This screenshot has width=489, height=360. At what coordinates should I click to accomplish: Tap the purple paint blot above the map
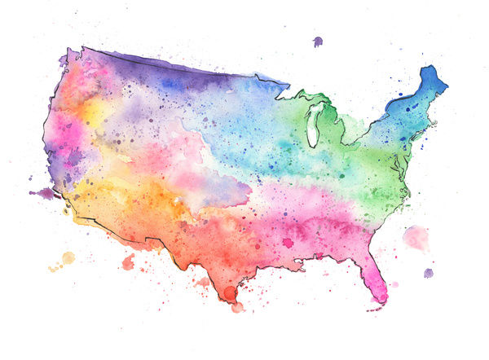click(317, 42)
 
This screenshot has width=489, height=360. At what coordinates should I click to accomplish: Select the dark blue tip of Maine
click(429, 80)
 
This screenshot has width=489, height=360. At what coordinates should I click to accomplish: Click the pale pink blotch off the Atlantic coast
click(416, 237)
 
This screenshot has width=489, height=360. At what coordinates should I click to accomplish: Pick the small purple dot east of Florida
click(428, 273)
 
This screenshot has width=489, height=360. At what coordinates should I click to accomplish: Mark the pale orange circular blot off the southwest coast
click(68, 258)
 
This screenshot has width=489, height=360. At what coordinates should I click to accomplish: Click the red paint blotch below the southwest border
click(128, 261)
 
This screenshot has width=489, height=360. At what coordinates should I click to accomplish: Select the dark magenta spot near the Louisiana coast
click(287, 242)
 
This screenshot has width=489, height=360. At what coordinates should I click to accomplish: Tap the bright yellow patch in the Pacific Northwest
click(91, 110)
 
